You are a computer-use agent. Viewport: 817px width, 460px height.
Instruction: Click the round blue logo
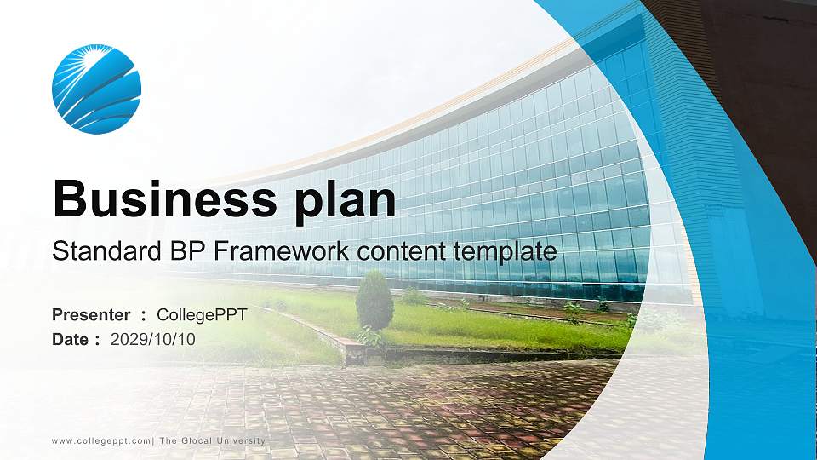96,89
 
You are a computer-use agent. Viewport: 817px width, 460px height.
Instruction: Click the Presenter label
91,315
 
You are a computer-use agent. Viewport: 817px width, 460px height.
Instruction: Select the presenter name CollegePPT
202,315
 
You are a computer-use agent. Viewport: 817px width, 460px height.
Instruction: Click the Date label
70,339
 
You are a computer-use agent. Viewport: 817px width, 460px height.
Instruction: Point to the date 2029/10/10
153,339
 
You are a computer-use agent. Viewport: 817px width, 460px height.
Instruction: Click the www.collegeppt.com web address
101,440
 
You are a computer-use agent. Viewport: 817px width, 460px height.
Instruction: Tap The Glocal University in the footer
213,440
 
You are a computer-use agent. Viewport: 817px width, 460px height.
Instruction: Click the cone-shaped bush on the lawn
374,301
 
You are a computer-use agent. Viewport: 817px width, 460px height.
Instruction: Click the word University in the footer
242,440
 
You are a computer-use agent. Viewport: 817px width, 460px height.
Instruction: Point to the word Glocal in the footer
195,440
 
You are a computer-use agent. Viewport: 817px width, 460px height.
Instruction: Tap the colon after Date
98,340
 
